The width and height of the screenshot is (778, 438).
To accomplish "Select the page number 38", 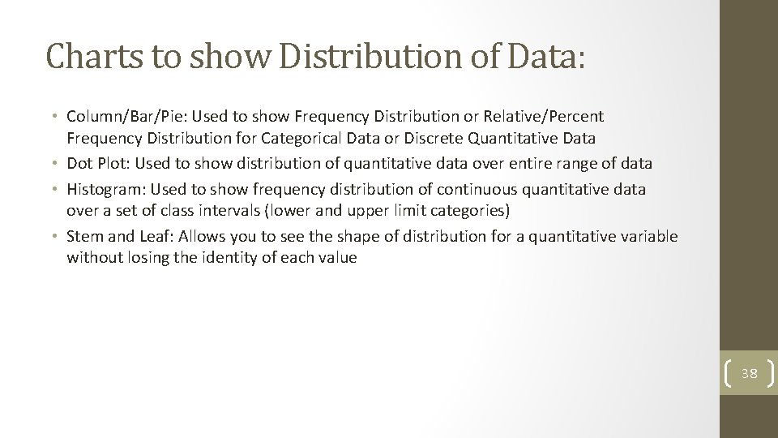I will coord(750,374).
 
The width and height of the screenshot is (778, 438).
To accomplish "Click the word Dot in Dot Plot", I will coord(79,164).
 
